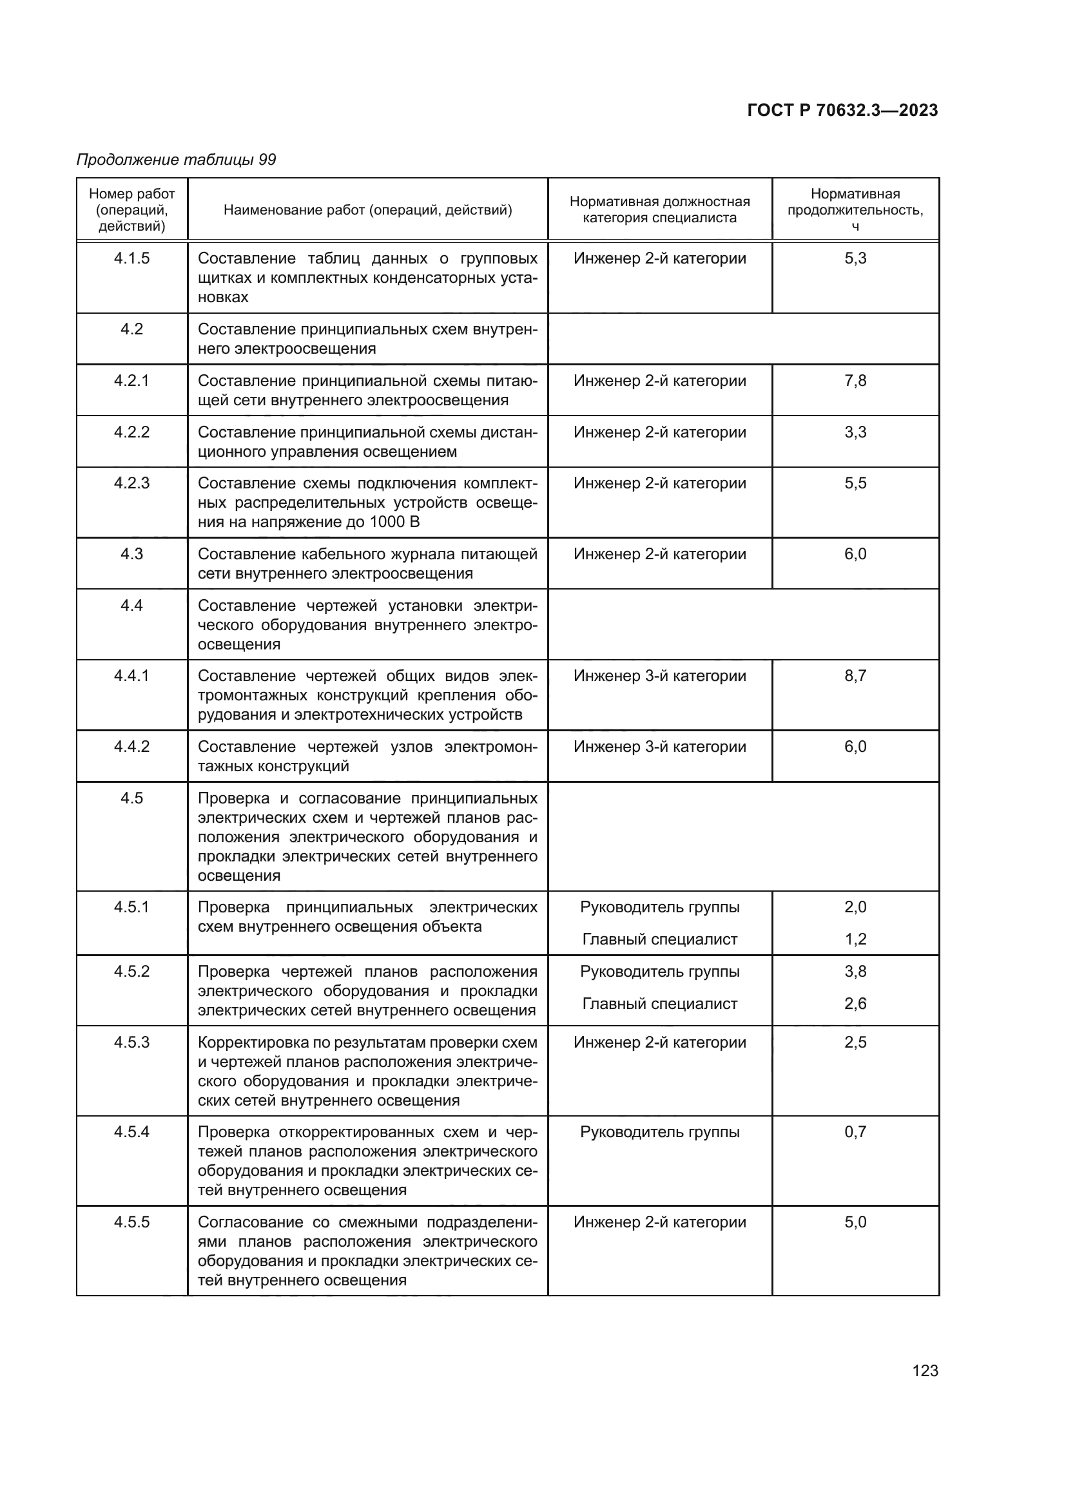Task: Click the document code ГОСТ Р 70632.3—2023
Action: pyautogui.click(x=842, y=110)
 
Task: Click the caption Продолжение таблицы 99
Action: pyautogui.click(x=176, y=160)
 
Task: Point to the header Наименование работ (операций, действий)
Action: pyautogui.click(x=367, y=210)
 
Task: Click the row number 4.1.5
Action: pyautogui.click(x=131, y=258)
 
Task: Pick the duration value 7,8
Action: pyautogui.click(x=855, y=381)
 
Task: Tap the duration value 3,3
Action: pyautogui.click(x=855, y=432)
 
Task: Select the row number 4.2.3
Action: pyautogui.click(x=131, y=483)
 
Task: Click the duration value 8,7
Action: pyautogui.click(x=855, y=676)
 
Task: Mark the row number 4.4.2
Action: pyautogui.click(x=131, y=747)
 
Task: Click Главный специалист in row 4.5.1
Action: pyautogui.click(x=660, y=939)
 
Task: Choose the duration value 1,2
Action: pyautogui.click(x=855, y=939)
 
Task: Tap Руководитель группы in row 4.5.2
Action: pyautogui.click(x=660, y=972)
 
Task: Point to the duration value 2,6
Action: pyautogui.click(x=855, y=1004)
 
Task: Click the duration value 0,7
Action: pyautogui.click(x=855, y=1131)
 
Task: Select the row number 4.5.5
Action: pyautogui.click(x=131, y=1222)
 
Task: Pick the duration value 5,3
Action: pyautogui.click(x=855, y=258)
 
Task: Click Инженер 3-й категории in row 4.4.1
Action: pyautogui.click(x=660, y=676)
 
